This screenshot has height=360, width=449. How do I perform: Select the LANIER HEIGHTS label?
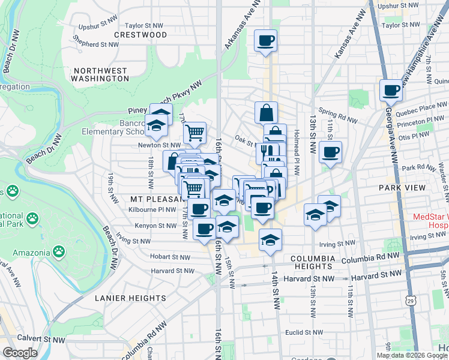(130, 298)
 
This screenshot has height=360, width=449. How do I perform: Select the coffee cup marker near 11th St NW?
(330, 152)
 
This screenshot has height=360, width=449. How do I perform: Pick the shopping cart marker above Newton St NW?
(194, 132)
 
